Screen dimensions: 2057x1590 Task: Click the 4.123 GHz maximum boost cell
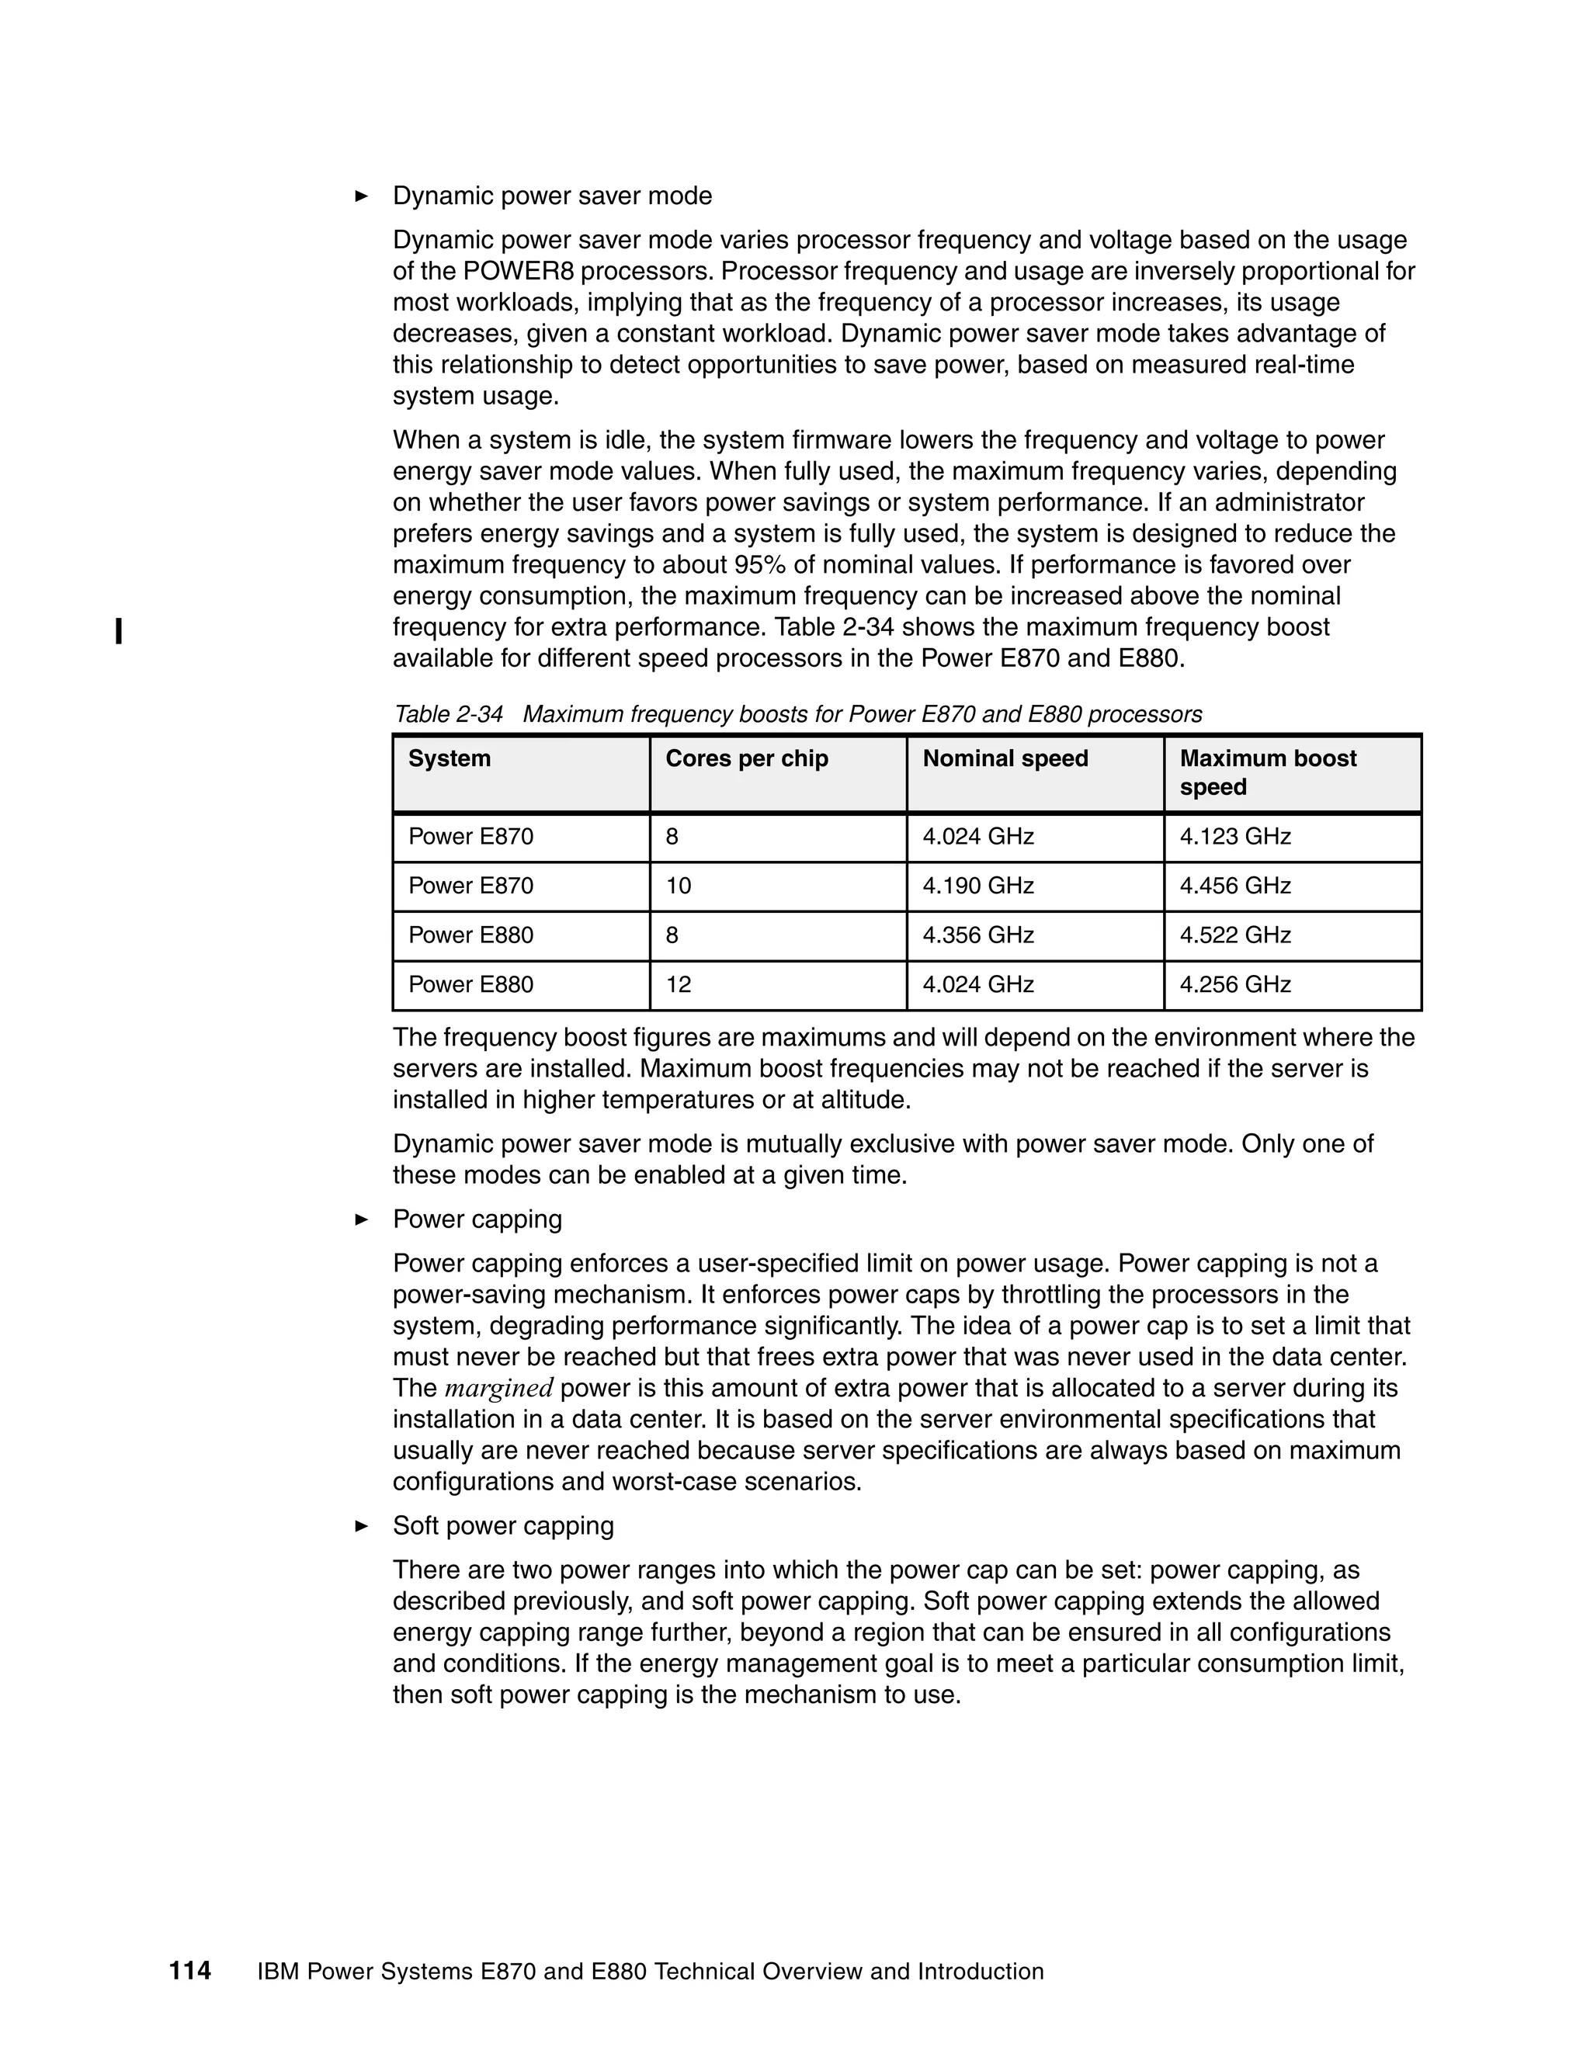click(x=1235, y=836)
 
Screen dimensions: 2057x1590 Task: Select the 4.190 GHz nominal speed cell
click(x=977, y=886)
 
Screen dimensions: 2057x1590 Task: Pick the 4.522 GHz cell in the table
click(x=1235, y=935)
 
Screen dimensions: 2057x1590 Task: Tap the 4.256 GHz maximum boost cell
click(x=1235, y=984)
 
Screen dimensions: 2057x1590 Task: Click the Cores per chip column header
click(x=746, y=758)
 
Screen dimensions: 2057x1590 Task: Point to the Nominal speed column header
click(x=1005, y=758)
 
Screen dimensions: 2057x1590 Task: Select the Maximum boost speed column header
click(x=1268, y=772)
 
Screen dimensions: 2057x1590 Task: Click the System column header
click(x=450, y=758)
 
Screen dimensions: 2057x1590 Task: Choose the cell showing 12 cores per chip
click(x=679, y=984)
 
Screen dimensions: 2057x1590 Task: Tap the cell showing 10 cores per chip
click(x=679, y=886)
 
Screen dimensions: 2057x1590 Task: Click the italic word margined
click(x=498, y=1389)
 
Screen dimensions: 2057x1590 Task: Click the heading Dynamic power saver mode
click(x=552, y=196)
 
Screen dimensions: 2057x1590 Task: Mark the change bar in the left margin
click(x=119, y=631)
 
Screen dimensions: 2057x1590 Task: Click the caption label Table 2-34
click(x=449, y=714)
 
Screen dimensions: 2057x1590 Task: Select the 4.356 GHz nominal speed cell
click(x=977, y=935)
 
